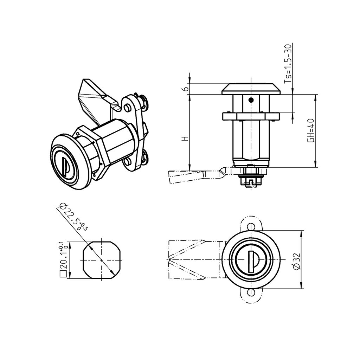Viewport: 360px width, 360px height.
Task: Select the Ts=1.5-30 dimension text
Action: (x=288, y=64)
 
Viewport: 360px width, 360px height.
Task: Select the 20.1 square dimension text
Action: (x=64, y=257)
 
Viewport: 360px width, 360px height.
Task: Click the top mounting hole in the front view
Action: (x=251, y=226)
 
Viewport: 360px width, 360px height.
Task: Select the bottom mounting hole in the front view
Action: (x=251, y=293)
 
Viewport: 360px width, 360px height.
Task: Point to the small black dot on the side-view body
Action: (x=250, y=100)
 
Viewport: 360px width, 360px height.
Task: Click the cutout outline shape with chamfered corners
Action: (x=102, y=260)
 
